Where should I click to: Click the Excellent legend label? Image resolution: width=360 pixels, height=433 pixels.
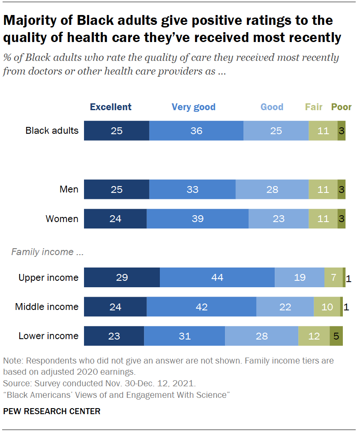[x=111, y=107]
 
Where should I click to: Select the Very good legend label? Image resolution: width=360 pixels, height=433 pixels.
[x=193, y=107]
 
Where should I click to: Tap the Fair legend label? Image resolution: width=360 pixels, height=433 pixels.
[x=314, y=107]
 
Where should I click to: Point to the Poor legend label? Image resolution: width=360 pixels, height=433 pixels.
[x=342, y=107]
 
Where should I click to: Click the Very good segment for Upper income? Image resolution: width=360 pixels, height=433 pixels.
[x=217, y=277]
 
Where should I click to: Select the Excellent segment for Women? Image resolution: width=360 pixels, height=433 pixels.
[x=115, y=219]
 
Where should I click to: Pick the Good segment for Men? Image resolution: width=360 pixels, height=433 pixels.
[x=272, y=189]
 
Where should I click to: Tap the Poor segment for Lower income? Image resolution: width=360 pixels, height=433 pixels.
[x=336, y=336]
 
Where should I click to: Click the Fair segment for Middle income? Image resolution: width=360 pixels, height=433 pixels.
[x=327, y=307]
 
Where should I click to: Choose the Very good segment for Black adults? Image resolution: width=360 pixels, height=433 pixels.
[x=196, y=131]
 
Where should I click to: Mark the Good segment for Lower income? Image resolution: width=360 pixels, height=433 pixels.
[x=261, y=336]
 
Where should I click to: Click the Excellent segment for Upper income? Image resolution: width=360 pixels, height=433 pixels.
[x=122, y=277]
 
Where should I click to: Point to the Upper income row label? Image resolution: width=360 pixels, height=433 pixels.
[x=48, y=277]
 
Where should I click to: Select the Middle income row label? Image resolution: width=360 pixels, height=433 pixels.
[x=47, y=307]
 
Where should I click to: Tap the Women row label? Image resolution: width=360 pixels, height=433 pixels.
[x=62, y=219]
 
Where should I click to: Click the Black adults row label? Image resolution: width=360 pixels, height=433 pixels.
[x=52, y=130]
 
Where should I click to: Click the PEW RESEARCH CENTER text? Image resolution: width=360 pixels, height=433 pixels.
[x=52, y=411]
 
